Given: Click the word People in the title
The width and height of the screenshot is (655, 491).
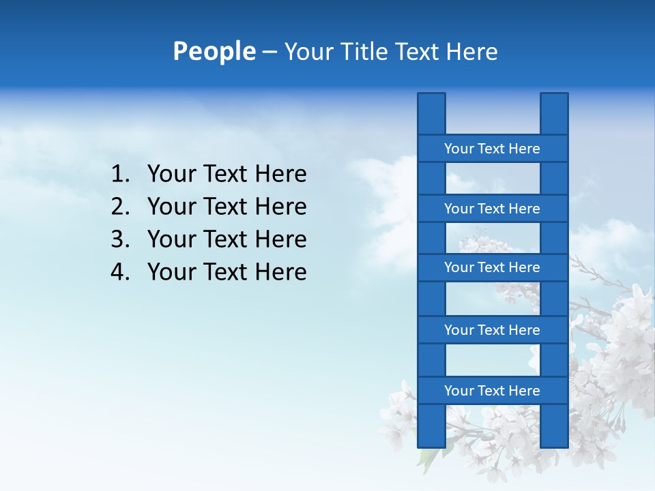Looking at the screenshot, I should [214, 51].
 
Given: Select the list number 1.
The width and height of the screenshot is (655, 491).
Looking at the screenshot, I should [119, 175].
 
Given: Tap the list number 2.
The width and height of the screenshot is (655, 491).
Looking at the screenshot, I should [119, 207].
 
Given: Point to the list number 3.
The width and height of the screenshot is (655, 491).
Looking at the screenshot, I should [119, 239].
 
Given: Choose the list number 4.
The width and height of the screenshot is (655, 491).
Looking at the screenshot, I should [119, 272].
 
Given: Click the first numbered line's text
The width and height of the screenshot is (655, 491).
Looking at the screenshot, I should [227, 175].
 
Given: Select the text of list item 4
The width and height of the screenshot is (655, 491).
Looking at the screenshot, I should [227, 272].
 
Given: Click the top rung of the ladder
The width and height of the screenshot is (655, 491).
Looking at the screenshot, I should [492, 149].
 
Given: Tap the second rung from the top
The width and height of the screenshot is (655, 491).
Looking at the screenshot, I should [492, 209].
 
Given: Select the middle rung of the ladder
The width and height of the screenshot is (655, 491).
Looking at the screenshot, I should [492, 267].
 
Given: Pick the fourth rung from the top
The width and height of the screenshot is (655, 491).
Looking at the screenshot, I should [492, 330].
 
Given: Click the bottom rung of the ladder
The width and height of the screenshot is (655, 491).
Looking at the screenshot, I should [492, 391].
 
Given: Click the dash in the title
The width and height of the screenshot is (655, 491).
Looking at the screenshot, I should [269, 52].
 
